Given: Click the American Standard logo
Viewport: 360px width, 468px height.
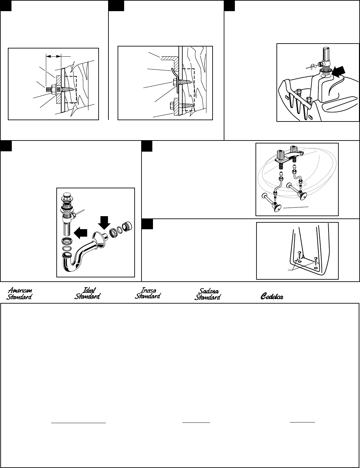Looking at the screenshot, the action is click(19, 294).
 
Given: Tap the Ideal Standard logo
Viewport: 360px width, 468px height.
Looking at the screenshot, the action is click(87, 293).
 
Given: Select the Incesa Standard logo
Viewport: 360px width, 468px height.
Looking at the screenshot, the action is click(148, 293).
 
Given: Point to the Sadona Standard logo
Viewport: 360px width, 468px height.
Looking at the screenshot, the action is click(208, 294).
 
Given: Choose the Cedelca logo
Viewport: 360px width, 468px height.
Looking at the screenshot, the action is click(272, 296).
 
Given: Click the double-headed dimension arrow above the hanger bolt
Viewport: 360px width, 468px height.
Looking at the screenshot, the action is click(54, 56).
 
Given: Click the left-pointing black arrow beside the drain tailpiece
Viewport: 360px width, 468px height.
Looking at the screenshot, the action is click(80, 233).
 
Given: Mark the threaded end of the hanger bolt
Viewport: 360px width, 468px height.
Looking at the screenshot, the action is click(50, 90).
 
